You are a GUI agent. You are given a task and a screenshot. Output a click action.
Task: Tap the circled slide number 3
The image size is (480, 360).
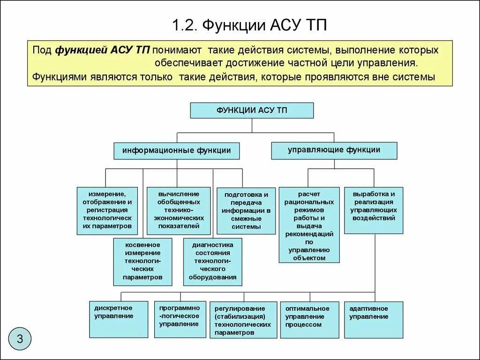click(x=20, y=338)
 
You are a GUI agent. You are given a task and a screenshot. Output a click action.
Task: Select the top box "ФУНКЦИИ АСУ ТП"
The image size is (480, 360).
click(x=252, y=111)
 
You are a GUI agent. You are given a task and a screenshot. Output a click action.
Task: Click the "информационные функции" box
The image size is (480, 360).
click(x=177, y=151)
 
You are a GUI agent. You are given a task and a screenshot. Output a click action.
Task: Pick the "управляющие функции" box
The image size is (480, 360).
click(x=334, y=150)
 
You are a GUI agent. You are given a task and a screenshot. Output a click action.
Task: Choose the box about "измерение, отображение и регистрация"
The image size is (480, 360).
click(x=107, y=210)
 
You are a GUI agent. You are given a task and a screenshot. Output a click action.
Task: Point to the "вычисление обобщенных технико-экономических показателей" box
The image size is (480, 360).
click(x=178, y=210)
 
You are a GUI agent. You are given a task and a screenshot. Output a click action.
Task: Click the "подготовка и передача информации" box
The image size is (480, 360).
click(x=246, y=211)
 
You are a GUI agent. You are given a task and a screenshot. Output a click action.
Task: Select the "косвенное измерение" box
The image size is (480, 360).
click(x=142, y=262)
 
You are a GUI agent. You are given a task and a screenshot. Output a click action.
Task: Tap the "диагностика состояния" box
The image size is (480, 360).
click(x=213, y=262)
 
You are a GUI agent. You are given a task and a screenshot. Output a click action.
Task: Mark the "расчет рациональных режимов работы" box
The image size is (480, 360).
click(x=309, y=225)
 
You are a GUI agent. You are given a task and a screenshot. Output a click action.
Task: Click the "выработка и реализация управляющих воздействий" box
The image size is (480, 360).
click(x=374, y=210)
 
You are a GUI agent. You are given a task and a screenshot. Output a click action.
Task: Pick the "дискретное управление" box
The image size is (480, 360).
click(x=119, y=319)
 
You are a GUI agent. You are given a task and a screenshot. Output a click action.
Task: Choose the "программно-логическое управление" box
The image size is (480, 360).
click(x=180, y=319)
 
